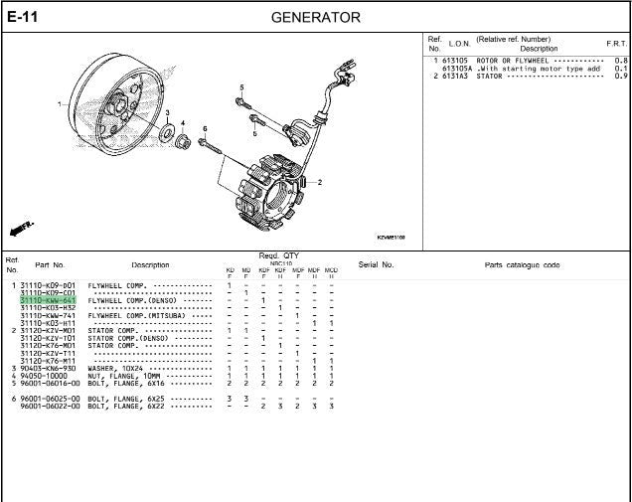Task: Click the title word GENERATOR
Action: click(x=315, y=18)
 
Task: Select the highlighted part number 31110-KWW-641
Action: click(x=48, y=300)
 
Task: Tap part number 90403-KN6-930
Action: click(x=48, y=368)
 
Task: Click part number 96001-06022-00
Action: click(x=48, y=406)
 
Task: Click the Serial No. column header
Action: click(x=376, y=265)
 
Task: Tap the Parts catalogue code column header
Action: click(x=522, y=265)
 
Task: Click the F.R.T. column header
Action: click(x=616, y=44)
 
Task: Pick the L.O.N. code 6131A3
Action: click(x=457, y=76)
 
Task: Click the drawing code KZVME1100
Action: click(x=392, y=237)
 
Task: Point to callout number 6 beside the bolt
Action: click(x=205, y=128)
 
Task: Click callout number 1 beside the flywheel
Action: click(x=59, y=103)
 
